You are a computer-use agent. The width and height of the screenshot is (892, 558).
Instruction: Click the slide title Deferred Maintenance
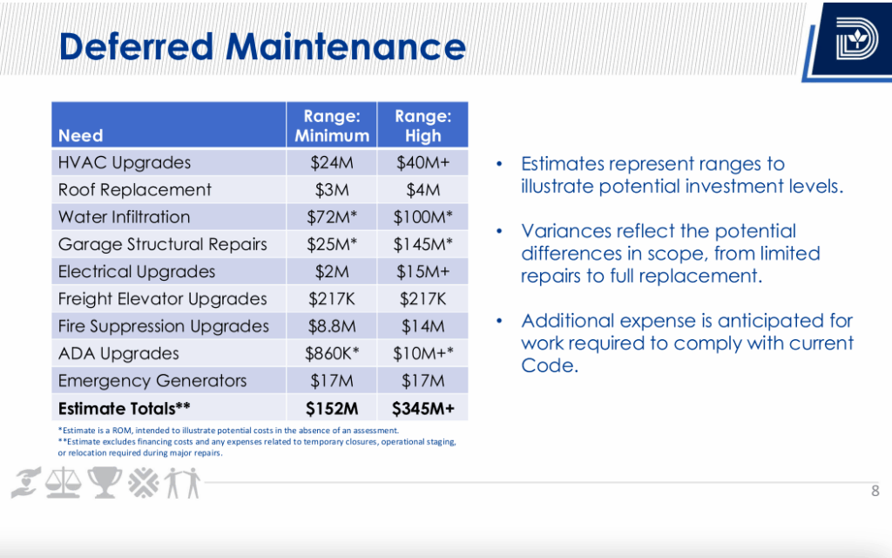262,47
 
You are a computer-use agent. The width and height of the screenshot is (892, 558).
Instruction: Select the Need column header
80,136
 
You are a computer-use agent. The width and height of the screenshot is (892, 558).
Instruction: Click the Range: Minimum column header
331,126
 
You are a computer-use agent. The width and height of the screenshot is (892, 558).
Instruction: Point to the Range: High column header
422,126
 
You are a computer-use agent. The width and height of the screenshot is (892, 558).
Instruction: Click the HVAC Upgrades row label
124,163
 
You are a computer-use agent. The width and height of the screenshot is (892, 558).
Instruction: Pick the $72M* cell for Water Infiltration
331,217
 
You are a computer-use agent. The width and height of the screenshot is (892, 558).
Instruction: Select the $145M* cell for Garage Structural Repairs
422,244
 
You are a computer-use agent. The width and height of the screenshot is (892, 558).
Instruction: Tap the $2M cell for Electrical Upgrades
331,271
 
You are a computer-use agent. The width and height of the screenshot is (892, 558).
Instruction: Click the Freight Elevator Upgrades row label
162,299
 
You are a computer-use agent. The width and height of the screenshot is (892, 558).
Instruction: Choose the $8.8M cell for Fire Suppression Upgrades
331,326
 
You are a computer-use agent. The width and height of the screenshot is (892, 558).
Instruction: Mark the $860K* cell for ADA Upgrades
331,353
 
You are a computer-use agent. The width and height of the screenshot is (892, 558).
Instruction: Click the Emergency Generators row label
152,381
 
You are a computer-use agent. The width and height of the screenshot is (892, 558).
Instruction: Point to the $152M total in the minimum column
331,408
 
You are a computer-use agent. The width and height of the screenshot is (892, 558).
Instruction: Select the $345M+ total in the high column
422,408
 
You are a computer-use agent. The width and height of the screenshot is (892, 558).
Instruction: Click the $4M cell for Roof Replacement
422,190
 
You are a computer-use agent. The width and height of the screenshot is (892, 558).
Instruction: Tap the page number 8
875,492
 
